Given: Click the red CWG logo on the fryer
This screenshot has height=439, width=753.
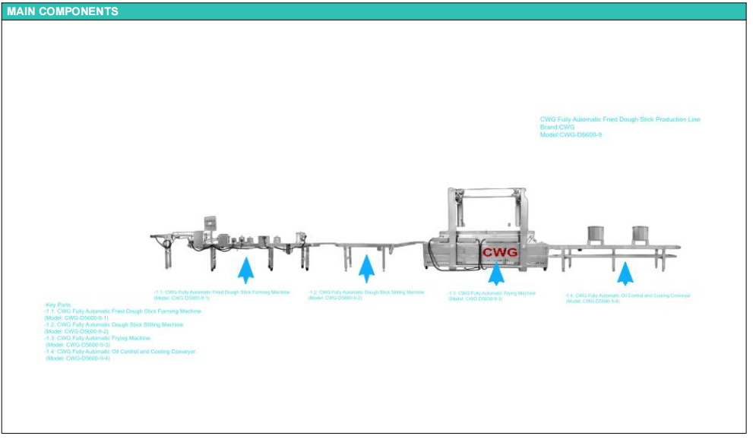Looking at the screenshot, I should click(x=500, y=251).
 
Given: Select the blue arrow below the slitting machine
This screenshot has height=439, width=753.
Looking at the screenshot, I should click(x=366, y=270).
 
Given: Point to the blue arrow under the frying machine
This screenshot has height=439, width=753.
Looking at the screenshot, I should click(x=496, y=272).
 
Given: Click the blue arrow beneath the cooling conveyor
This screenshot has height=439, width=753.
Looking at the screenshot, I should click(x=625, y=273).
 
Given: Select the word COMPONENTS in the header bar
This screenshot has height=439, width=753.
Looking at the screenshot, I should click(x=79, y=11).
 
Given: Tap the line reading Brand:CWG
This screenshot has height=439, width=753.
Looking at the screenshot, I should click(x=557, y=127).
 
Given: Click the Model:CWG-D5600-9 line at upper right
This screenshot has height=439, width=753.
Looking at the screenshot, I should click(x=571, y=134).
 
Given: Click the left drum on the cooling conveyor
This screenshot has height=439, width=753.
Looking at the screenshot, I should click(x=595, y=235).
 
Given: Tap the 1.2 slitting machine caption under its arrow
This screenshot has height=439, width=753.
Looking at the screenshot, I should click(x=366, y=295).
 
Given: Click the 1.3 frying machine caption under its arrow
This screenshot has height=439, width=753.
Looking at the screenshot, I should click(x=492, y=295).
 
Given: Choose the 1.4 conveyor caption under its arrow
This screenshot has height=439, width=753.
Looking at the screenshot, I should click(x=628, y=298).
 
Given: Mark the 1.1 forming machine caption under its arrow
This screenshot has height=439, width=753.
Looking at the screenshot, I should click(x=222, y=295).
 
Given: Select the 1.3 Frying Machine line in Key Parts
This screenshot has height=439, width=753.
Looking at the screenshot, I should click(x=97, y=338).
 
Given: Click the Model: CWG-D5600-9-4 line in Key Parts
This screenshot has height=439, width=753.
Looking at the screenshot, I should click(x=78, y=358).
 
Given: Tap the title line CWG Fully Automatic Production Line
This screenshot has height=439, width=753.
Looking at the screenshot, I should click(x=620, y=119).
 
